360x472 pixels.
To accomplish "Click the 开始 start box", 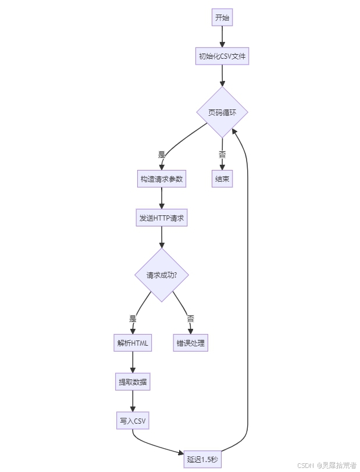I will tap(222, 18).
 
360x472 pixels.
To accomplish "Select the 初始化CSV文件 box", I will tap(222, 56).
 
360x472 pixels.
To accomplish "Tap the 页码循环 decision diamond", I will tap(222, 113).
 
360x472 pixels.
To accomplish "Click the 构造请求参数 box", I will tap(162, 179).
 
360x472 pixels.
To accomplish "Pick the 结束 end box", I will tap(222, 179).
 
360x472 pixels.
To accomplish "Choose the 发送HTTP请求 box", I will tap(162, 218).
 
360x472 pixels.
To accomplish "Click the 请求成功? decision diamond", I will tap(162, 275).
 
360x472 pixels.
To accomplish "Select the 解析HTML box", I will tap(133, 343).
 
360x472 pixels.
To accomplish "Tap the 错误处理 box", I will tap(190, 343).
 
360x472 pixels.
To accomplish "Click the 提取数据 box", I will tap(133, 382).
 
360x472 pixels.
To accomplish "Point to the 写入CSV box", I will tap(133, 421).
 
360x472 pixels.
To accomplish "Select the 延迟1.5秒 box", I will tap(203, 459).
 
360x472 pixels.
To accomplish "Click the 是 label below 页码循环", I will tap(162, 155).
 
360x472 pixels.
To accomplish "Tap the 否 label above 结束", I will tap(222, 155).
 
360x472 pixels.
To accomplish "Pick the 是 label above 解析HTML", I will tap(133, 319).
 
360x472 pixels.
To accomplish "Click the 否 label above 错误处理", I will tap(190, 319).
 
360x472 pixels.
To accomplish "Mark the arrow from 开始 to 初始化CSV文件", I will tap(222, 37).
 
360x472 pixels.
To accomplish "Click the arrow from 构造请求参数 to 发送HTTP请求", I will tap(162, 198).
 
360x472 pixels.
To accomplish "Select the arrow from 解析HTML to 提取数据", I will tap(133, 363).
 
